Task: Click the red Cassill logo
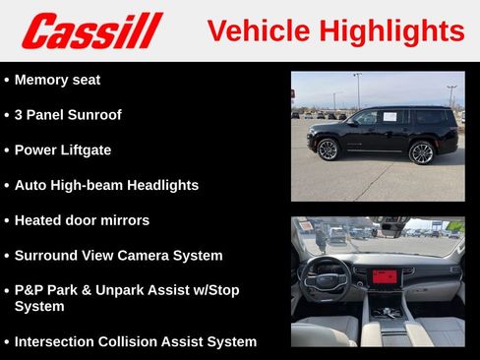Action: (x=91, y=30)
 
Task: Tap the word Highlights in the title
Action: (x=392, y=30)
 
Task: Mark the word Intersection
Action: (x=57, y=342)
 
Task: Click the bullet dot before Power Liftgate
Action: (x=7, y=150)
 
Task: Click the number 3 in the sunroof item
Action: (x=20, y=115)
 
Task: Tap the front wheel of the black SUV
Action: (x=328, y=150)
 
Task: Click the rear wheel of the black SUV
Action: (x=421, y=152)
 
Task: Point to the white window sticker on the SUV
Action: (x=389, y=116)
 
